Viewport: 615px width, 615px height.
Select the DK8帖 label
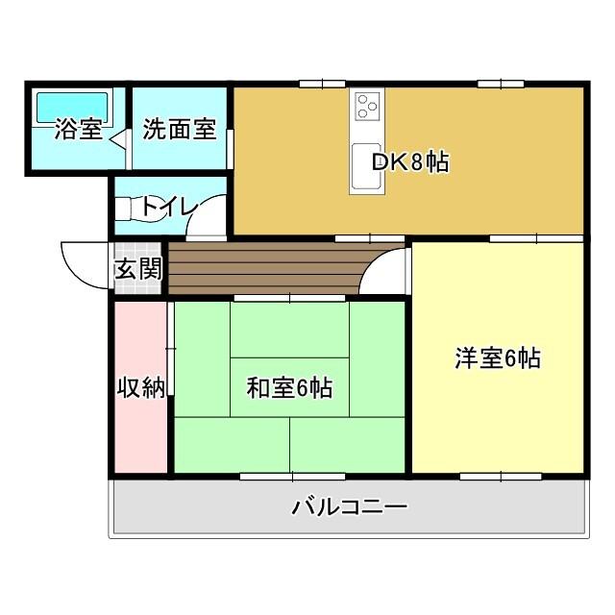(x=410, y=161)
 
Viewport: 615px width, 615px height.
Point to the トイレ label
(x=170, y=207)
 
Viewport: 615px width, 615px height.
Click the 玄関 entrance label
(x=138, y=269)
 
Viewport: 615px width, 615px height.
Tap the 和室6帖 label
(x=289, y=387)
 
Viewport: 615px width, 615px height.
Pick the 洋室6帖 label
(x=498, y=358)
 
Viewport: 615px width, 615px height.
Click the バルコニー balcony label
(x=350, y=506)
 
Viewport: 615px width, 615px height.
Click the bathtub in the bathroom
(x=74, y=106)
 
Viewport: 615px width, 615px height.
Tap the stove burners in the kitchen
(x=368, y=105)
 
